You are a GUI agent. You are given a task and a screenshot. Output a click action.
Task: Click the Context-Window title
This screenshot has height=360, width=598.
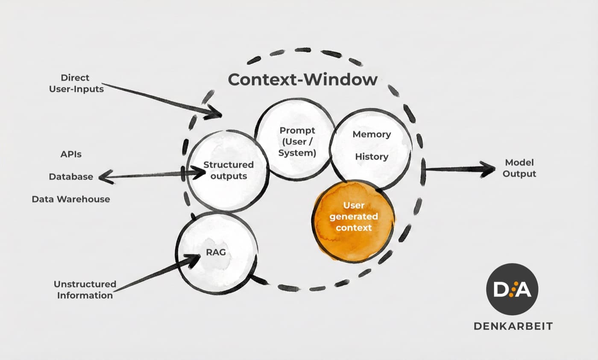302,80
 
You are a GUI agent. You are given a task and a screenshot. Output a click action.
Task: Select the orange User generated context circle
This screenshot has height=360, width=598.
354,220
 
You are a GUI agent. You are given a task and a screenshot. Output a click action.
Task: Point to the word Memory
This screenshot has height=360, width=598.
371,134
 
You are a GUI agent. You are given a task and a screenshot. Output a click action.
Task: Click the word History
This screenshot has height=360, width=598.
371,157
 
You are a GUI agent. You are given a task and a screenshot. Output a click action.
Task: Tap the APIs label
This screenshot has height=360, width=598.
71,154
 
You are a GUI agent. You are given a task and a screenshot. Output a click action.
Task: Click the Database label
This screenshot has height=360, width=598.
70,177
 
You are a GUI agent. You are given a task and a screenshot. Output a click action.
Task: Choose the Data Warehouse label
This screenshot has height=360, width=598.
70,199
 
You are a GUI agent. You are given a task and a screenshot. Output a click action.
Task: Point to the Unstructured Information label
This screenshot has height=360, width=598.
85,290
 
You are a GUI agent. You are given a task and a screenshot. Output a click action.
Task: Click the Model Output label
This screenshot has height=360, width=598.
519,168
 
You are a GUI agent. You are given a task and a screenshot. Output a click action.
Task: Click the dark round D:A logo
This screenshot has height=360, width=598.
512,289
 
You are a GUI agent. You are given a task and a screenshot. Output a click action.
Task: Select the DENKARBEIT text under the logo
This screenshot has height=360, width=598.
513,326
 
